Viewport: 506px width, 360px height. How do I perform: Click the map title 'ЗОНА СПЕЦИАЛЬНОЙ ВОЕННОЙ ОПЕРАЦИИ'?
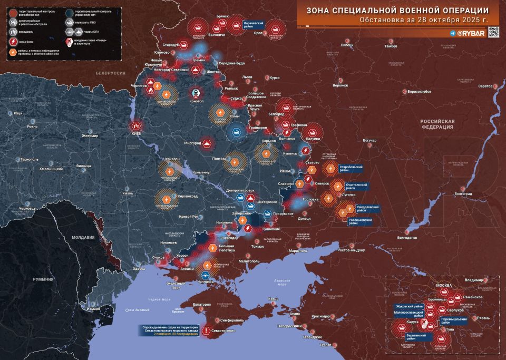tap(397, 10)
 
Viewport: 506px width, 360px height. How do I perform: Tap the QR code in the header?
tap(493, 32)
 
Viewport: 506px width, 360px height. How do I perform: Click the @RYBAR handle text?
tap(466, 33)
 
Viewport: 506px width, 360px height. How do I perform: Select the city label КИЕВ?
tap(135, 134)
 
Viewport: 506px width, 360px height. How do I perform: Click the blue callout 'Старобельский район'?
tap(351, 169)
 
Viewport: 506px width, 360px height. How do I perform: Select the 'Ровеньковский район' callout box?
tap(360, 221)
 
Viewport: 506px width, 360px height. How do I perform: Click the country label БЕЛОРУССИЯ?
tap(110, 72)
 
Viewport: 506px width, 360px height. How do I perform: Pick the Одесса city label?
tap(139, 269)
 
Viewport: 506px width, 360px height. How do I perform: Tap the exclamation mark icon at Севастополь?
tap(205, 330)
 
